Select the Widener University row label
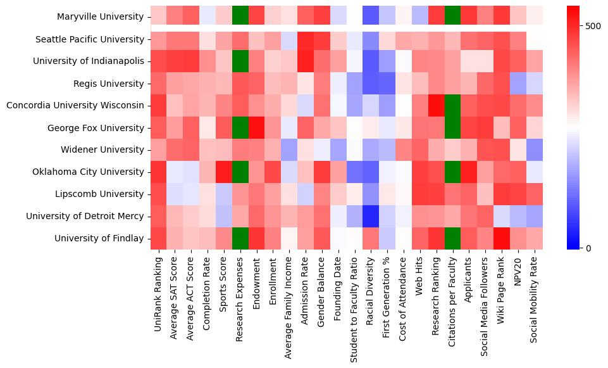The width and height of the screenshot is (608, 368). tap(109, 150)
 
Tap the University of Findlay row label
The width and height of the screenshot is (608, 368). tap(99, 238)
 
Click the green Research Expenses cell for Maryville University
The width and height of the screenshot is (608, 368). tap(240, 17)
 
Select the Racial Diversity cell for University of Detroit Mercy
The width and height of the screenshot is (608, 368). tap(372, 216)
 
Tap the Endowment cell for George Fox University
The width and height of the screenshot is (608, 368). tap(257, 127)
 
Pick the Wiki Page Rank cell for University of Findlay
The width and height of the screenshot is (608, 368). tap(503, 238)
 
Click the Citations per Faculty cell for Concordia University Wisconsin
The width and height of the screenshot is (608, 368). tap(454, 105)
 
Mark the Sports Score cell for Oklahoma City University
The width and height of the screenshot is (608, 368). tap(224, 172)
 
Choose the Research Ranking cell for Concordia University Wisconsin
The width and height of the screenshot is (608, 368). tap(437, 105)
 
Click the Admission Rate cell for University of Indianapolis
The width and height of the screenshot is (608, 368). tap(306, 61)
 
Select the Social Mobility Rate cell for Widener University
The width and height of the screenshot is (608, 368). tap(536, 149)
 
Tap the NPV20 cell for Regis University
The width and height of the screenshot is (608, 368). tap(519, 83)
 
